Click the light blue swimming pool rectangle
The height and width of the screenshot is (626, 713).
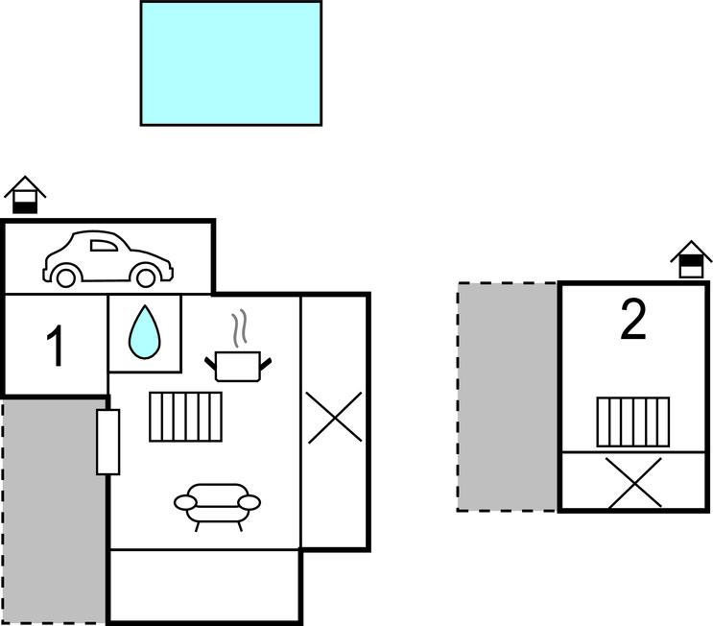[x=230, y=62]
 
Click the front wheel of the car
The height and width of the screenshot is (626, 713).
[x=146, y=277]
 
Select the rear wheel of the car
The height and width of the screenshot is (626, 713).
[x=65, y=277]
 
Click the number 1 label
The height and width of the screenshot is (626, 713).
[x=56, y=347]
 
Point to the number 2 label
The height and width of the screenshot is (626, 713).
[x=632, y=322]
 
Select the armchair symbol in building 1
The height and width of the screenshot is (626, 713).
[x=218, y=504]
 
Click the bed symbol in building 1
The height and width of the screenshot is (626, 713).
[x=186, y=416]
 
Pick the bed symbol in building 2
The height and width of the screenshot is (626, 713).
[x=632, y=421]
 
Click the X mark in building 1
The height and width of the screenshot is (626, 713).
[x=335, y=419]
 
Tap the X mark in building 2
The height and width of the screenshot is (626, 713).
[x=634, y=482]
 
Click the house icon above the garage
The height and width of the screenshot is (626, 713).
[x=25, y=196]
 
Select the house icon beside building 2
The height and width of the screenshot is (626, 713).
[x=691, y=259]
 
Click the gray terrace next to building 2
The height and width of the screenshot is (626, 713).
[x=508, y=396]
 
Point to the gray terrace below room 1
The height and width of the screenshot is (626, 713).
[x=54, y=509]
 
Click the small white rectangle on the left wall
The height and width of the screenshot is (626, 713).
[x=107, y=442]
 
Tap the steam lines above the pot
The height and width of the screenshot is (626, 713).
[x=242, y=328]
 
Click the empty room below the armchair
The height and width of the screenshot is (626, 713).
[x=204, y=585]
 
